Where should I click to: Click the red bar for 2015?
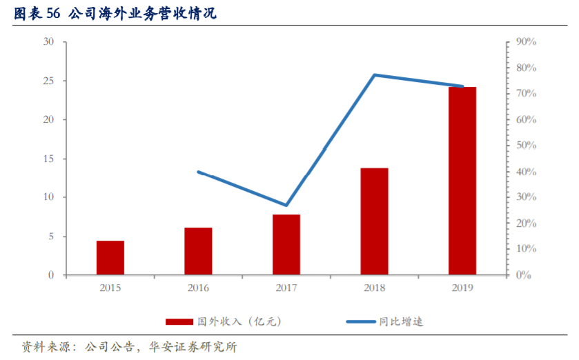[110, 258]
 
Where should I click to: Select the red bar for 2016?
[198, 251]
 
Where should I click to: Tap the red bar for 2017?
[286, 245]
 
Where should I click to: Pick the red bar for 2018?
[374, 221]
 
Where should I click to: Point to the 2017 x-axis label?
[286, 288]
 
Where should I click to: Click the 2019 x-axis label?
[462, 288]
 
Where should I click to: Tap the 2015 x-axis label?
[110, 288]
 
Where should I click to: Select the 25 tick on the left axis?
[49, 81]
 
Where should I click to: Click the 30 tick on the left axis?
[49, 42]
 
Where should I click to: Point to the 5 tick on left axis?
[52, 237]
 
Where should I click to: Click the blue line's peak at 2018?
[374, 74]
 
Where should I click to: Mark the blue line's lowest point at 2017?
[286, 205]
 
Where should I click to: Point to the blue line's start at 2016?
[199, 172]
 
